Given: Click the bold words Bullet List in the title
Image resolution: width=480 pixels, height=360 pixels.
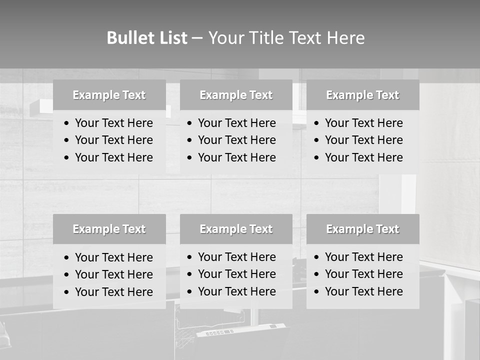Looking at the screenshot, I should pos(147,38).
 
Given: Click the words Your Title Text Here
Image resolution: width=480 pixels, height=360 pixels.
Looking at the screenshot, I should pos(286,38).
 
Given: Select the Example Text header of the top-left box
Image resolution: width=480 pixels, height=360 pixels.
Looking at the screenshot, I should pos(109,95).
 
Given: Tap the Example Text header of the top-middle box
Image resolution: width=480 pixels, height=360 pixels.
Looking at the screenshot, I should pos(236,95).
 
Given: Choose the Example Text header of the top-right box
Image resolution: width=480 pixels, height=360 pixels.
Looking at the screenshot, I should pos(362,95).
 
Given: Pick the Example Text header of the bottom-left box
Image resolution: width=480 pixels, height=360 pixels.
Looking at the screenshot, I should pos(109,229).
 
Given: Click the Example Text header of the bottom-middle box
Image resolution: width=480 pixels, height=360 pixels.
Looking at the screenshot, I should pos(236,229).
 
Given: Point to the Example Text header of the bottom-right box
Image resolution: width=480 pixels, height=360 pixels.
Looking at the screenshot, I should pos(362,229).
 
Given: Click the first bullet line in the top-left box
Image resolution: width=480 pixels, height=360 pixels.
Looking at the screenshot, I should pos(114,123).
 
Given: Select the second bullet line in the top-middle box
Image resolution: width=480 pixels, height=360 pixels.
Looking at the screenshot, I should pos(237,140).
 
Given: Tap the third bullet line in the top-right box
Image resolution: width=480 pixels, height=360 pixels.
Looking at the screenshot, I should pos(364,157).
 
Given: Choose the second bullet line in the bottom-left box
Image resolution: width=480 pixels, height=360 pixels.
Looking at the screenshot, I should pos(114,274).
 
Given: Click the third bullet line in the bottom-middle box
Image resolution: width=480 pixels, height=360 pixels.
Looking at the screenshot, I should pos(237,291).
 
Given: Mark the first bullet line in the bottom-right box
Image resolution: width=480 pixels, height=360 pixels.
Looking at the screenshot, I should pos(364,257).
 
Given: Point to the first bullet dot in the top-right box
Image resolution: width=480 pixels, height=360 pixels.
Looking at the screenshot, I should pos(316,123).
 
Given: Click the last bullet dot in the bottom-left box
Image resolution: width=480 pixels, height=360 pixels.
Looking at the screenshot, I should pos(67,292).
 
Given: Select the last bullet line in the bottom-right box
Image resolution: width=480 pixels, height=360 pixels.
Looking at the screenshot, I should pos(364,291).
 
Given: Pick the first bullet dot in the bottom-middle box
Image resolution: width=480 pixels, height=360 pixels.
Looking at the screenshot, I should pos(189,257).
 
